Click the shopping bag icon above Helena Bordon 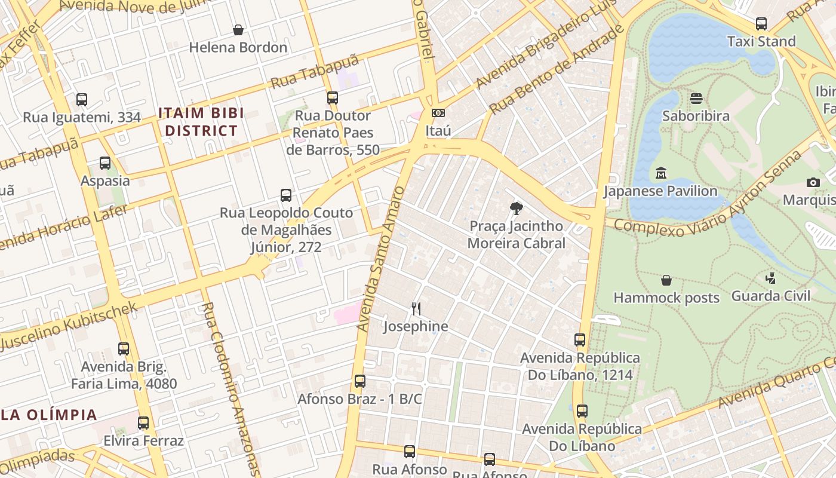pos(238,30)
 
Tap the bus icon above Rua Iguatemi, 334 pos(82,100)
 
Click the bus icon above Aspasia pos(105,163)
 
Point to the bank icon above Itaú pos(438,113)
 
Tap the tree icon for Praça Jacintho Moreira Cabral pos(516,209)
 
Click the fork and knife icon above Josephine pos(416,309)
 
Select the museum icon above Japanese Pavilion pos(660,174)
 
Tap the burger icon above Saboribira pos(696,99)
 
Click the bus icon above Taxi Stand pos(761,24)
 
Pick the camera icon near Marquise pos(813,182)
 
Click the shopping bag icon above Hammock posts pos(666,280)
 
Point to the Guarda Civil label pos(771,296)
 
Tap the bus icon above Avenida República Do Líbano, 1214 pos(580,340)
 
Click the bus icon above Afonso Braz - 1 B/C pos(359,381)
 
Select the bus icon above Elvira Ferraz pos(143,423)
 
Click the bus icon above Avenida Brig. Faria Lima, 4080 pos(124,349)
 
